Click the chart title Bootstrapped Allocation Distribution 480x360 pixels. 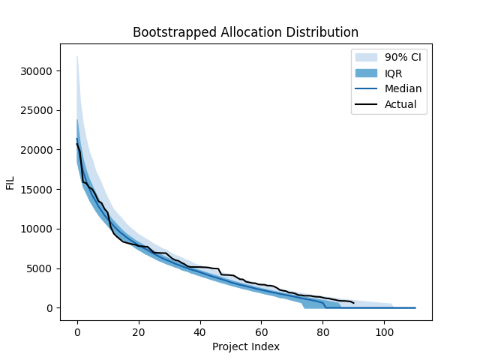245,32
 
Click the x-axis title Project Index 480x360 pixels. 245,346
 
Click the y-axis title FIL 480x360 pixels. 10,183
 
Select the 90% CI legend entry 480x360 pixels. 401,57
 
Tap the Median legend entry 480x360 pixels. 403,88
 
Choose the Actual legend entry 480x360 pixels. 400,104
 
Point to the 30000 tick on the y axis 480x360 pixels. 38,71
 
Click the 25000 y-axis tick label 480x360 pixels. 38,111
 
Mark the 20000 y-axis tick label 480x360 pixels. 38,150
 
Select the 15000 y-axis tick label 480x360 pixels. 38,190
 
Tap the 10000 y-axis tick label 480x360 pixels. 38,229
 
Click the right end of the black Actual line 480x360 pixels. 353,303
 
